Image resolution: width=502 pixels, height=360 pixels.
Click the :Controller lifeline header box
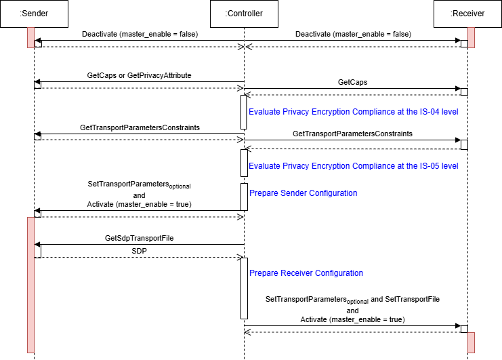(244, 13)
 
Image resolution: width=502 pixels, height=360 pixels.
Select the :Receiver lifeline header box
(467, 13)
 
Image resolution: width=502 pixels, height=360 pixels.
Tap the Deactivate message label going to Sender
(140, 33)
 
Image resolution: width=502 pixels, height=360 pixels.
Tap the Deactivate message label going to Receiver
(353, 33)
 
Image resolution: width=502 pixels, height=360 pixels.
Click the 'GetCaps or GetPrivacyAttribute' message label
(140, 76)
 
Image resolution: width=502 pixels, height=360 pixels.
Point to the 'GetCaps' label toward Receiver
(352, 81)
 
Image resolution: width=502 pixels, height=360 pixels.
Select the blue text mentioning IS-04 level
(353, 111)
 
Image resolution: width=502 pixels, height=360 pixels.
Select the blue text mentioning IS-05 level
(353, 165)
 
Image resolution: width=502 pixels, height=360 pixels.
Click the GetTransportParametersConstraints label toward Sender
(140, 127)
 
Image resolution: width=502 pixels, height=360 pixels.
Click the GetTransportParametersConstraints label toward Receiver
(352, 134)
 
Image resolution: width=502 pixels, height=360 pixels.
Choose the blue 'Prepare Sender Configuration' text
(303, 193)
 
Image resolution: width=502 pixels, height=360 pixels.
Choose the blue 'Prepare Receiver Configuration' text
(306, 273)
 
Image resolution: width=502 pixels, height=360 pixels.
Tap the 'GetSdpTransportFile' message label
(140, 238)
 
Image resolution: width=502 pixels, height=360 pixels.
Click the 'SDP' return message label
(140, 250)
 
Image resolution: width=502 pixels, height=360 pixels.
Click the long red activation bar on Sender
(30, 285)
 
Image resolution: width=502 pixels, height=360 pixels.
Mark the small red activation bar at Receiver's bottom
(471, 342)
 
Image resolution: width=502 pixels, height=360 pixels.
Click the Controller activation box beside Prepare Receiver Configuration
(244, 288)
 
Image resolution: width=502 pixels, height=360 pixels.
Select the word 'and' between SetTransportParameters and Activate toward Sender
(140, 195)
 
